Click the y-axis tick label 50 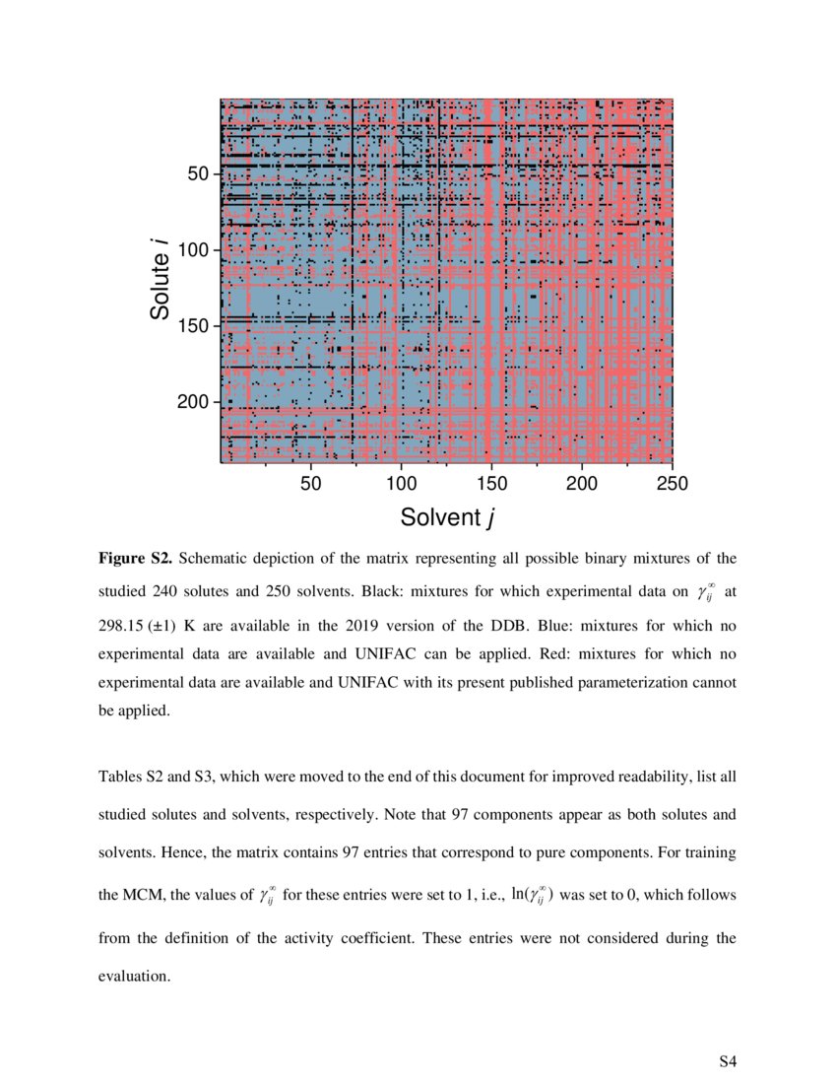[x=198, y=173]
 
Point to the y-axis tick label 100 [x=193, y=250]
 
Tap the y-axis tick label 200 [x=193, y=402]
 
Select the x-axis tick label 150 [x=491, y=483]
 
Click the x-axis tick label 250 [x=673, y=483]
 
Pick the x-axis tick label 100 [x=401, y=483]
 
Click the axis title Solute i [x=161, y=280]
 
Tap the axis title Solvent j [x=446, y=516]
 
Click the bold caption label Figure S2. [x=135, y=559]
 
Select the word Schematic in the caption [x=216, y=559]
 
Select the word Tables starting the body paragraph [x=121, y=777]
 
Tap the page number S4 [x=727, y=1061]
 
